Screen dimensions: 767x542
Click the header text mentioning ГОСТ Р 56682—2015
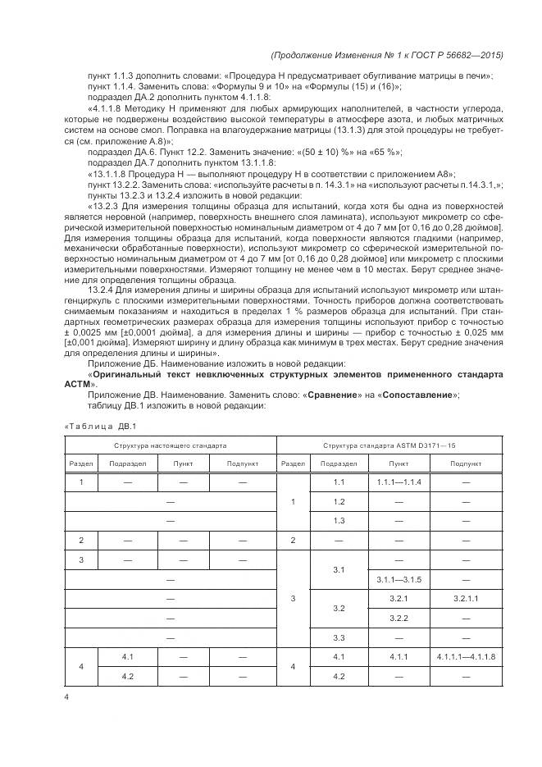(386, 55)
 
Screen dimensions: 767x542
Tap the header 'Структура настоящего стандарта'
(171, 445)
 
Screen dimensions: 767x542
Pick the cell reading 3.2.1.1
(465, 600)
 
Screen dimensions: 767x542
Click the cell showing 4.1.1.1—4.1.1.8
(465, 657)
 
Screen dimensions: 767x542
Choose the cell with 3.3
(339, 637)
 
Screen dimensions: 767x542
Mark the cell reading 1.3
(339, 521)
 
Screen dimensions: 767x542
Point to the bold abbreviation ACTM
(79, 384)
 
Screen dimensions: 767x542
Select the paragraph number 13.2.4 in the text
(102, 290)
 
